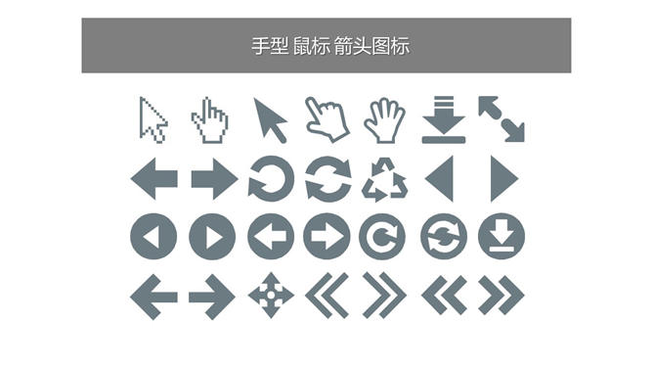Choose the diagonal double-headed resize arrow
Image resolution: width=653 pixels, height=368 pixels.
[501, 119]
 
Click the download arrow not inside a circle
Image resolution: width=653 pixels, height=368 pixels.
[444, 119]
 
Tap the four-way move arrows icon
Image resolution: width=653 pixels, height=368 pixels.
[271, 296]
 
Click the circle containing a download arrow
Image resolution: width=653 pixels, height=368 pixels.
[501, 236]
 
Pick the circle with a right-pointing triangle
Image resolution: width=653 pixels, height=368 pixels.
[212, 236]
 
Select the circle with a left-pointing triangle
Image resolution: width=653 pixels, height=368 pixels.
[153, 236]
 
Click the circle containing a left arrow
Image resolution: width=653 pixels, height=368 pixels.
[271, 236]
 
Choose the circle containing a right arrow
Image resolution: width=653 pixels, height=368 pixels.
[326, 236]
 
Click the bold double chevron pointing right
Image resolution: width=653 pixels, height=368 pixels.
[501, 295]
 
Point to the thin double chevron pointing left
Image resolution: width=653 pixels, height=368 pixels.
[326, 296]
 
